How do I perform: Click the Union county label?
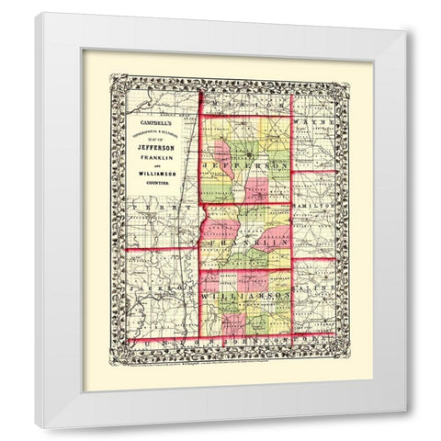(161, 339)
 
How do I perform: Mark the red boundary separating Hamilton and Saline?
(312, 259)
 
